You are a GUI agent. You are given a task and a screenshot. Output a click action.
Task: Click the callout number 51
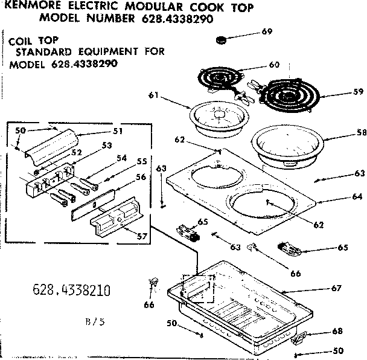(x=118, y=130)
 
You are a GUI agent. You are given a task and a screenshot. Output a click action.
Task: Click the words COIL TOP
(x=28, y=41)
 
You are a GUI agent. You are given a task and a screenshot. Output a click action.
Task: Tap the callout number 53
(x=107, y=145)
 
